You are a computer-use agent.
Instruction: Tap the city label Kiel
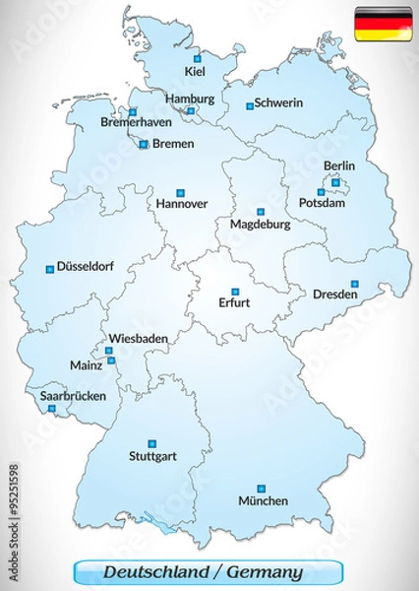click(195, 71)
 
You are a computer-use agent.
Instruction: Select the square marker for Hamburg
click(190, 112)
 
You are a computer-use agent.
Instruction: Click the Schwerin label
click(277, 103)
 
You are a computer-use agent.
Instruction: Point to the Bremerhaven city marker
click(133, 112)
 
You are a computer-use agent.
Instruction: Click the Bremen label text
click(173, 144)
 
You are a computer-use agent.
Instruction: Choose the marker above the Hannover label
click(180, 192)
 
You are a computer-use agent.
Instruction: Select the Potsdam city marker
click(321, 192)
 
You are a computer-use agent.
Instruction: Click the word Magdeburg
click(260, 225)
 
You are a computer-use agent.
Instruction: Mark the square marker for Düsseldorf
click(49, 267)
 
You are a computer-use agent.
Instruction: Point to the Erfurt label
click(234, 302)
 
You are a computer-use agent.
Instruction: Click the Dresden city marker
click(355, 284)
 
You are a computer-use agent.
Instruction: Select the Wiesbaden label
click(138, 338)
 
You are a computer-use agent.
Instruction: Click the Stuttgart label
click(151, 457)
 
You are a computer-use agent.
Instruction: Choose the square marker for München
click(261, 488)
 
